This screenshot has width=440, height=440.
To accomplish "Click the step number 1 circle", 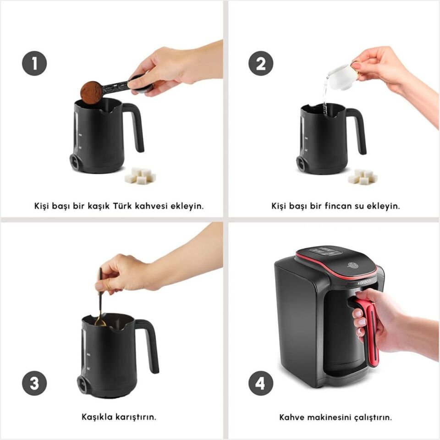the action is click(34, 63).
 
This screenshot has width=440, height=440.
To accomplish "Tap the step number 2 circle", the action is click(261, 63).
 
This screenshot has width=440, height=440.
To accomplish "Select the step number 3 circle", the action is click(34, 383).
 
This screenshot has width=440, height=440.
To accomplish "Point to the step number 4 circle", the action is click(261, 383).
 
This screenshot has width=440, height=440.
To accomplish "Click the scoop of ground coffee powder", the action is click(92, 92).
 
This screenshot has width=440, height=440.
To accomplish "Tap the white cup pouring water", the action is click(340, 77).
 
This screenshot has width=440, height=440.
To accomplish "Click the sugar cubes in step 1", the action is click(140, 176).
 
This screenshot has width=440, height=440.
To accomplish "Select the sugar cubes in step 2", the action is click(363, 176).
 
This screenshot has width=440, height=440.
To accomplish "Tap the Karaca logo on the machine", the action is click(364, 282).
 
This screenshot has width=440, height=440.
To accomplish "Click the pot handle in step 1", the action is click(134, 127).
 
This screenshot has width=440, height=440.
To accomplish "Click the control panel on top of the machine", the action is click(325, 251).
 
